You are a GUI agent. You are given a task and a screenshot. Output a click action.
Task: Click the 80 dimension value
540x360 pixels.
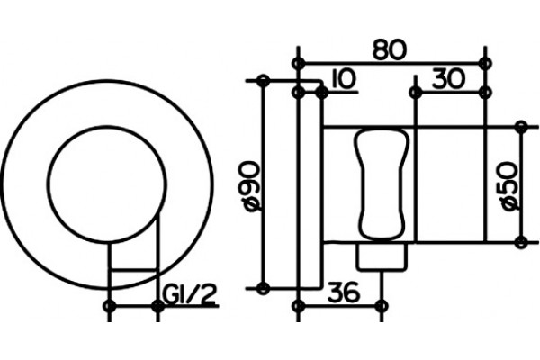(x=390, y=49)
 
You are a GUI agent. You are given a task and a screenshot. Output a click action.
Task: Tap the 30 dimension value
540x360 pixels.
(x=448, y=78)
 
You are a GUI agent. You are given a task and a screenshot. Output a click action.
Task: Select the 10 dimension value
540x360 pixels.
(x=342, y=79)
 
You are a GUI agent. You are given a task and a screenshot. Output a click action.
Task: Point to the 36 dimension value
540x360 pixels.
(x=344, y=292)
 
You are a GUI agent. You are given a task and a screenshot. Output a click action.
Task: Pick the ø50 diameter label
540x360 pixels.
(x=510, y=185)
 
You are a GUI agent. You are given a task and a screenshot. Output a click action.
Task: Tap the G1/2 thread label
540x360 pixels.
(x=189, y=294)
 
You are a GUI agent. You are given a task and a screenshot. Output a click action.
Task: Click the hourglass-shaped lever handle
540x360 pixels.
(x=382, y=184)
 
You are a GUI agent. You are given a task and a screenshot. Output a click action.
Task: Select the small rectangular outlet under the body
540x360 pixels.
(x=382, y=256)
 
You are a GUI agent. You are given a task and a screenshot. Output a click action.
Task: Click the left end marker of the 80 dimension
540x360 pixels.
(x=298, y=63)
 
